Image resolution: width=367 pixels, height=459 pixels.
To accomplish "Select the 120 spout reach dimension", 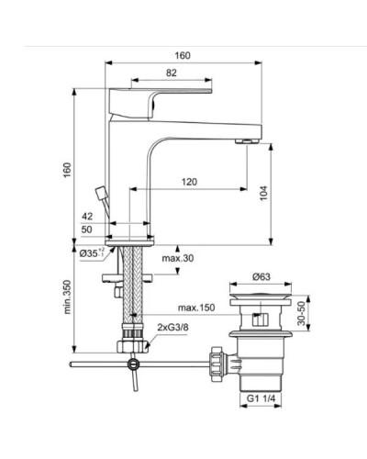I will [188, 182].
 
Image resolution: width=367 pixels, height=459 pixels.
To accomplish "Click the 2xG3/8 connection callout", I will [174, 326].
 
